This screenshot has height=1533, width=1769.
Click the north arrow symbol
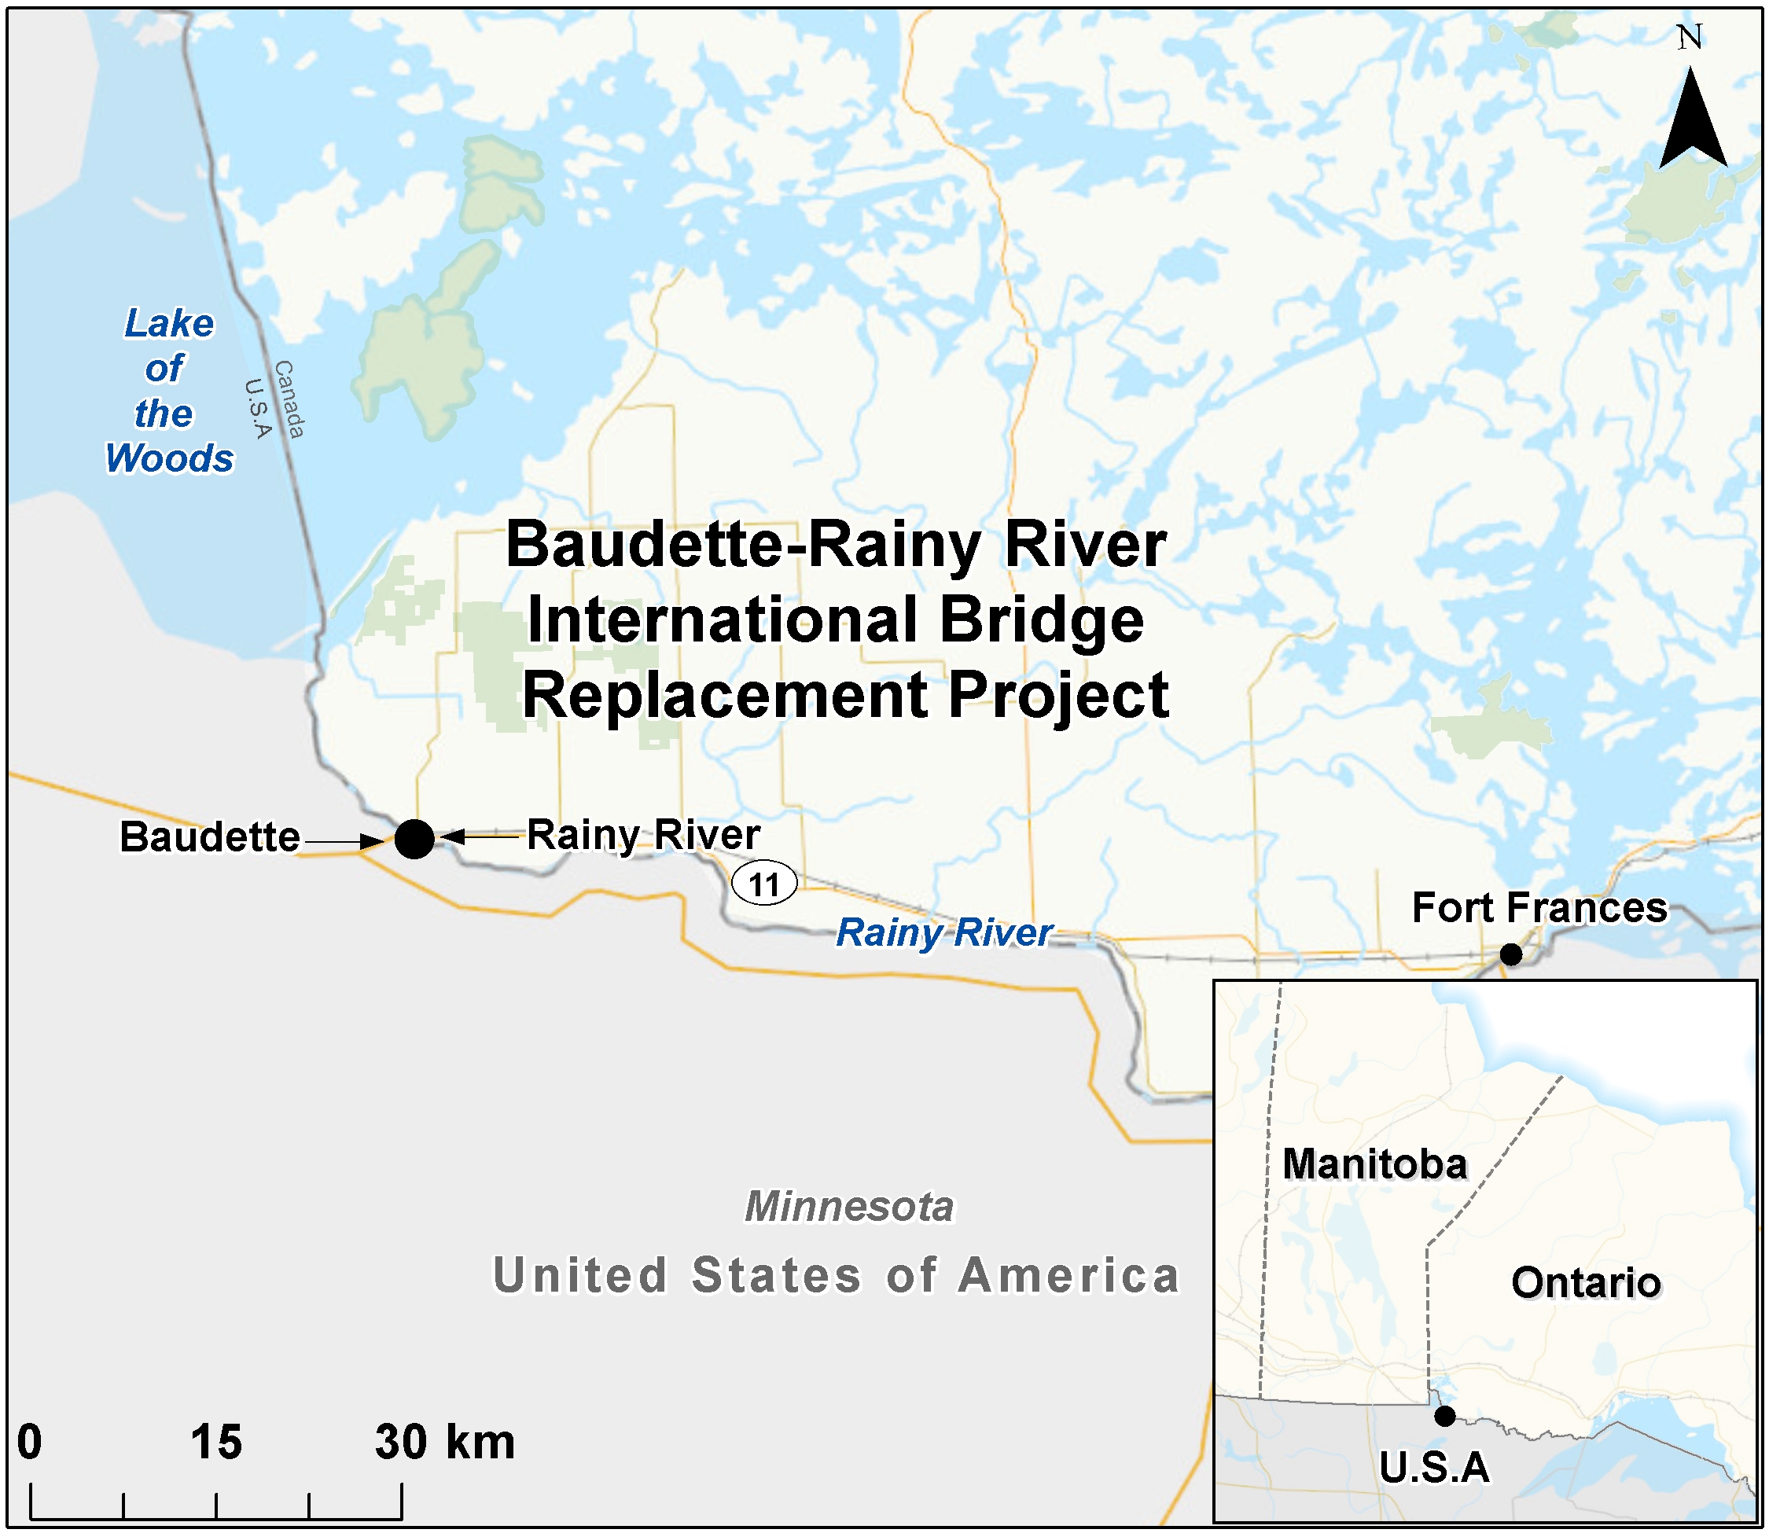pos(1691,124)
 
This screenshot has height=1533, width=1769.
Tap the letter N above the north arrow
pos(1690,37)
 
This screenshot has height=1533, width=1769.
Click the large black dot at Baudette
pos(415,838)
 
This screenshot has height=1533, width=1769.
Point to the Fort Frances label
pos(1539,908)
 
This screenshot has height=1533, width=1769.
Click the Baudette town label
pos(210,836)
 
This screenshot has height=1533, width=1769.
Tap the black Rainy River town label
pos(642,835)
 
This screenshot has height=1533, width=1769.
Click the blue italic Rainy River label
pos(943,932)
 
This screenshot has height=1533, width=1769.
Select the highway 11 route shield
pos(764,884)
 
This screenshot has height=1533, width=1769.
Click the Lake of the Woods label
pos(168,391)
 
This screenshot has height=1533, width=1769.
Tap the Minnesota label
pos(848,1207)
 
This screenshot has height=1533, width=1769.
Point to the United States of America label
pos(836,1275)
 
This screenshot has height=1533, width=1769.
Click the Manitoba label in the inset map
pos(1374,1164)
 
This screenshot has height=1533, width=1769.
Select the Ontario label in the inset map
pos(1586,1282)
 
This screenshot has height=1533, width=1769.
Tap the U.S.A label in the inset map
pos(1435,1468)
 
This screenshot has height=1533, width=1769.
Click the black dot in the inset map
pos(1445,1416)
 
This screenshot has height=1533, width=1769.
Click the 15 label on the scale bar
pos(215,1442)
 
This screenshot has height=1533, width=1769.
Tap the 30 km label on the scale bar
pos(445,1442)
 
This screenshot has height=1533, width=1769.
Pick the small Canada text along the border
pos(289,399)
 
